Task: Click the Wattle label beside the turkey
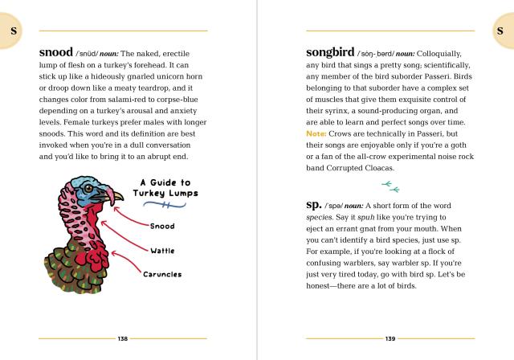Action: click(162, 251)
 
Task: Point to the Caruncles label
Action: click(161, 274)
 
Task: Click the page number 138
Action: click(123, 338)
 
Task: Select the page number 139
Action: click(390, 338)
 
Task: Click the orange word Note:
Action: click(318, 133)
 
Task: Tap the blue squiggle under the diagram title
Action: click(165, 207)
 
